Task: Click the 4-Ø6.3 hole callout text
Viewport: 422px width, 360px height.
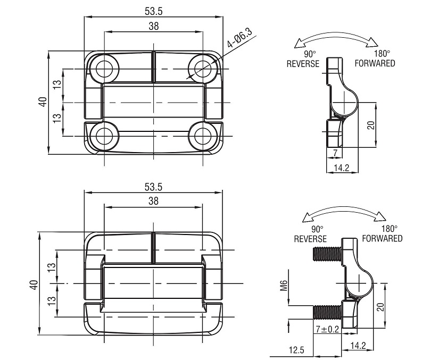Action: click(x=239, y=38)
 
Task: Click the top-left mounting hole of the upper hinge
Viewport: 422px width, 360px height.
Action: click(x=104, y=69)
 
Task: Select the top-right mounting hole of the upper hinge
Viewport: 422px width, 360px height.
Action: click(x=203, y=69)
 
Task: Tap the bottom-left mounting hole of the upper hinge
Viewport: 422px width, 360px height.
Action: click(x=104, y=136)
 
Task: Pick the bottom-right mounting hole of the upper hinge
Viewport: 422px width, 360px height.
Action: click(x=203, y=136)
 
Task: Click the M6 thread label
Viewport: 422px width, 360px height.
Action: click(x=284, y=286)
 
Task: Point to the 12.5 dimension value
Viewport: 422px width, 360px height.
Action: click(x=296, y=350)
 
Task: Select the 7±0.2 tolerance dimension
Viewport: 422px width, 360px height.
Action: click(x=327, y=329)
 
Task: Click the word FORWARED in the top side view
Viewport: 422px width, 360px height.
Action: click(x=375, y=63)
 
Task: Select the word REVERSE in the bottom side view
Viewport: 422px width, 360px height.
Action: click(x=310, y=239)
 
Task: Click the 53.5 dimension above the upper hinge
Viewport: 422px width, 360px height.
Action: click(x=154, y=11)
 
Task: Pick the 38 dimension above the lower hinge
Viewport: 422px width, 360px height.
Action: click(x=153, y=201)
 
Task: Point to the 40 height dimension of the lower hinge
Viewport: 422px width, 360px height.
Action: click(x=34, y=285)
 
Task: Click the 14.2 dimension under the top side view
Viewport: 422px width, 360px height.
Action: click(x=342, y=168)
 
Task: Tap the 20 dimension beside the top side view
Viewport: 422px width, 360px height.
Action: click(x=371, y=125)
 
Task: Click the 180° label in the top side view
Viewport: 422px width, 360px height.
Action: click(x=382, y=54)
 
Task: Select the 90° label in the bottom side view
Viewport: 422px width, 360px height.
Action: click(x=317, y=229)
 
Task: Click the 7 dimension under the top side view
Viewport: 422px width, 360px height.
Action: click(x=335, y=153)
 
